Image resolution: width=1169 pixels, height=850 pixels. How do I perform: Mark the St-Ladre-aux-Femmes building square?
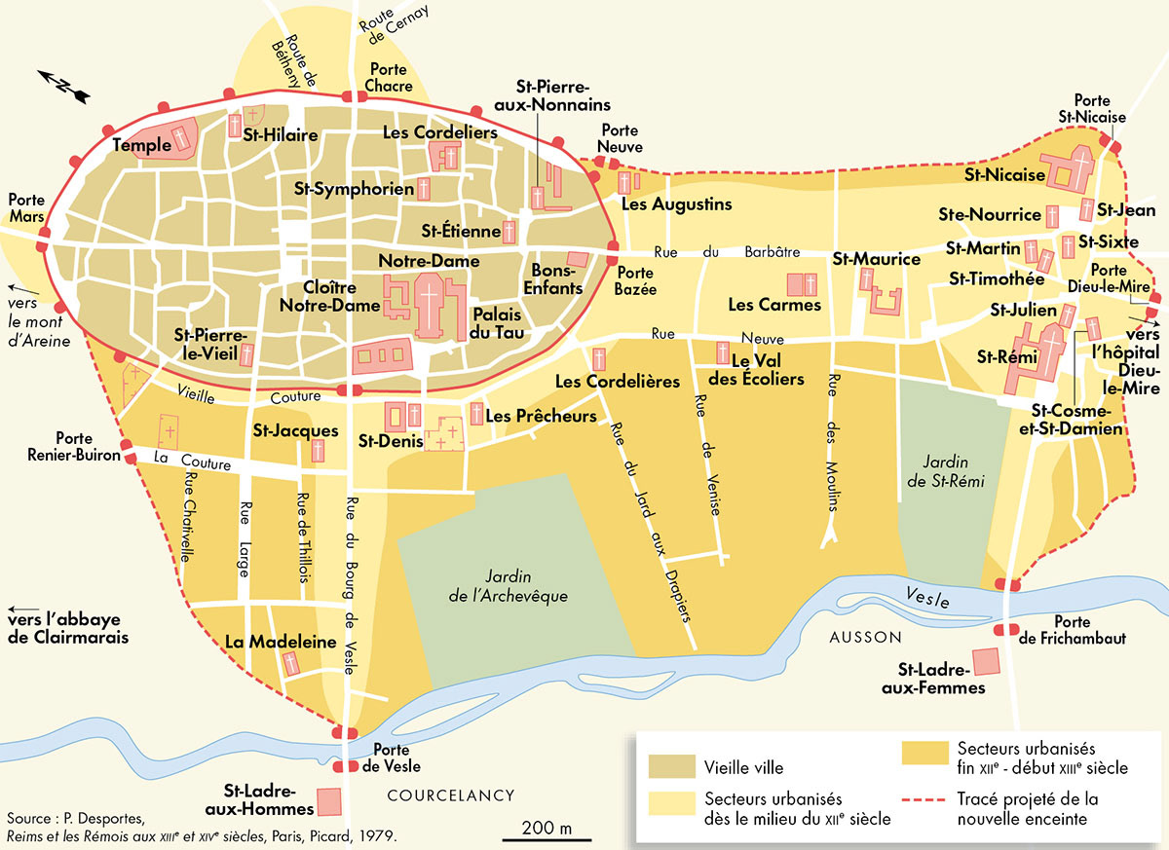(x=986, y=660)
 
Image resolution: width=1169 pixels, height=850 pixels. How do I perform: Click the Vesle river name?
(x=926, y=598)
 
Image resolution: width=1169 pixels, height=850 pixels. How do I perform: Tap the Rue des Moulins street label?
(x=834, y=448)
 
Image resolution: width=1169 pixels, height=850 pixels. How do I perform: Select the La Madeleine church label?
(x=281, y=643)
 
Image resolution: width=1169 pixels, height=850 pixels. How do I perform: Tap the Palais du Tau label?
(x=499, y=324)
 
